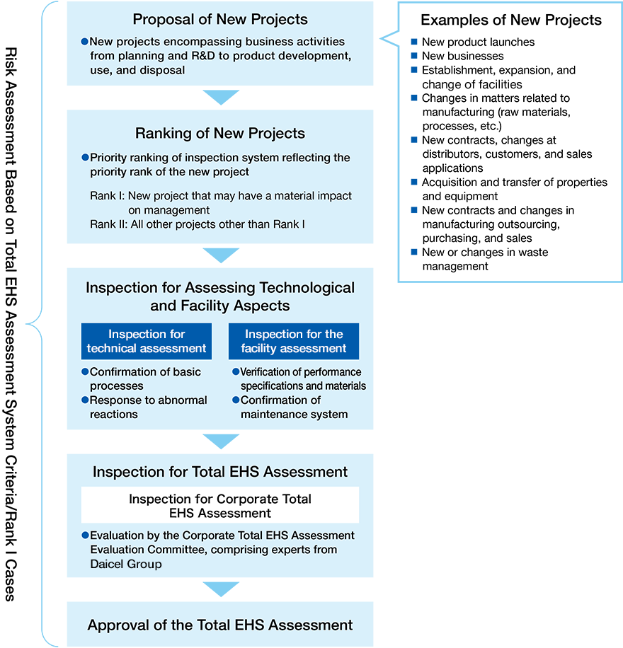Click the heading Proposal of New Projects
tap(220, 19)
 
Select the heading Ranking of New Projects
tap(220, 133)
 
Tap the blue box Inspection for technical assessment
tap(147, 341)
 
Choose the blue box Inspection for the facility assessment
tap(293, 341)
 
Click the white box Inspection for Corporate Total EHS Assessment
tap(220, 505)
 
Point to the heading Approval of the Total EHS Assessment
tap(220, 625)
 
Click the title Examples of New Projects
tap(511, 20)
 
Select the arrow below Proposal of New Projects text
tap(221, 97)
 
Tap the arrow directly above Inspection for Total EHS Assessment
tap(221, 441)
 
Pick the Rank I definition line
tap(220, 202)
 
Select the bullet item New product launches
tap(478, 42)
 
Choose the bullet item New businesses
tap(462, 56)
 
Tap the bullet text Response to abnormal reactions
tap(148, 407)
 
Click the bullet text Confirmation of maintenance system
tap(294, 407)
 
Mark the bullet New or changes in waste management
tap(484, 259)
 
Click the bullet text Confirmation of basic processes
tap(145, 378)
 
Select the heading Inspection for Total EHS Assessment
tap(220, 471)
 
